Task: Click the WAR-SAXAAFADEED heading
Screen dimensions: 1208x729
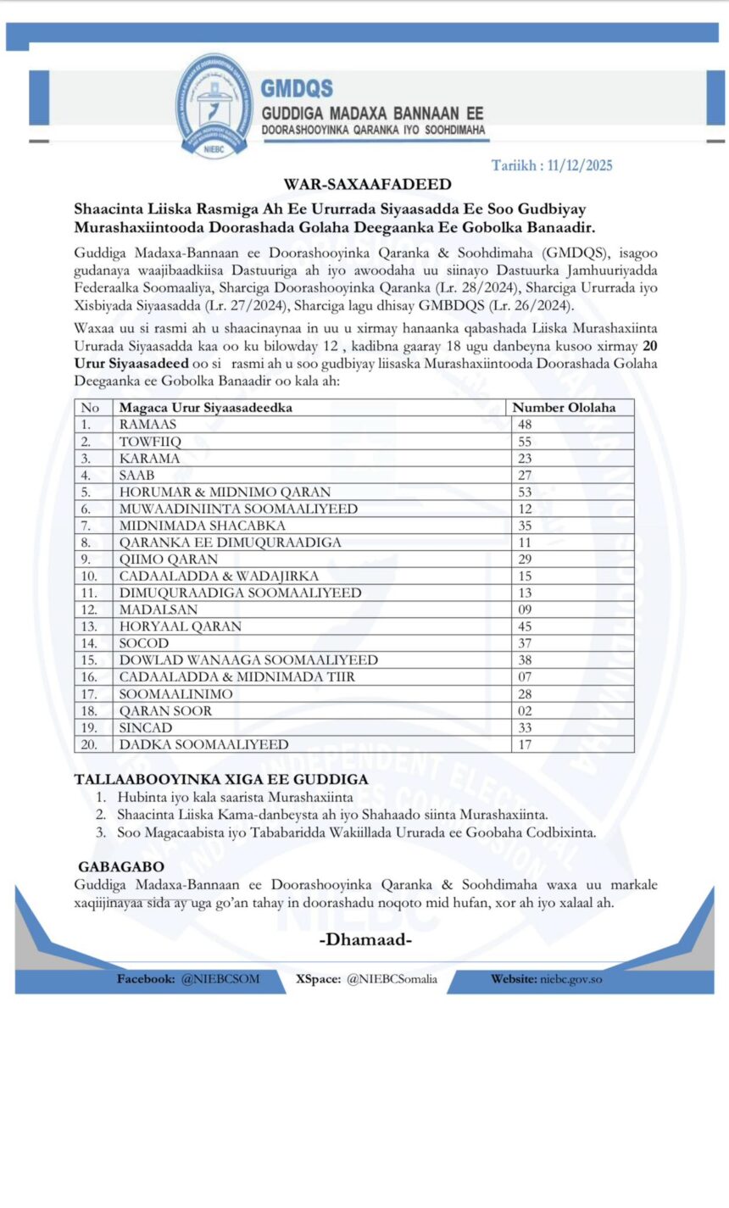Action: pos(367,184)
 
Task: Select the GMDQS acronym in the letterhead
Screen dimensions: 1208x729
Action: pos(297,88)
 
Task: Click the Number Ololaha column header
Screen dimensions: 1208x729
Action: pos(564,408)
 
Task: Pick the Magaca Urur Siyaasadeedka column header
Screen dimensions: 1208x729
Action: pos(205,408)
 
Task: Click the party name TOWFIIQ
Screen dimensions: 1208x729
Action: pos(150,442)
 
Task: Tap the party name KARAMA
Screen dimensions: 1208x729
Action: pos(149,459)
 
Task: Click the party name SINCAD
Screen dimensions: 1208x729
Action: pos(146,727)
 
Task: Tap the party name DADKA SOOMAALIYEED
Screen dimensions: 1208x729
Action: pos(203,744)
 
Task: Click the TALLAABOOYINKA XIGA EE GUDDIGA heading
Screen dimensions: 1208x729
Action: pos(220,779)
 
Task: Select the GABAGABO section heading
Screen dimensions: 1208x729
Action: pos(121,867)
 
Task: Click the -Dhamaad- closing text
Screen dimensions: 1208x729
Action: pos(366,940)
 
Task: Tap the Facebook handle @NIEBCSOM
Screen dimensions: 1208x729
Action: pos(220,979)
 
